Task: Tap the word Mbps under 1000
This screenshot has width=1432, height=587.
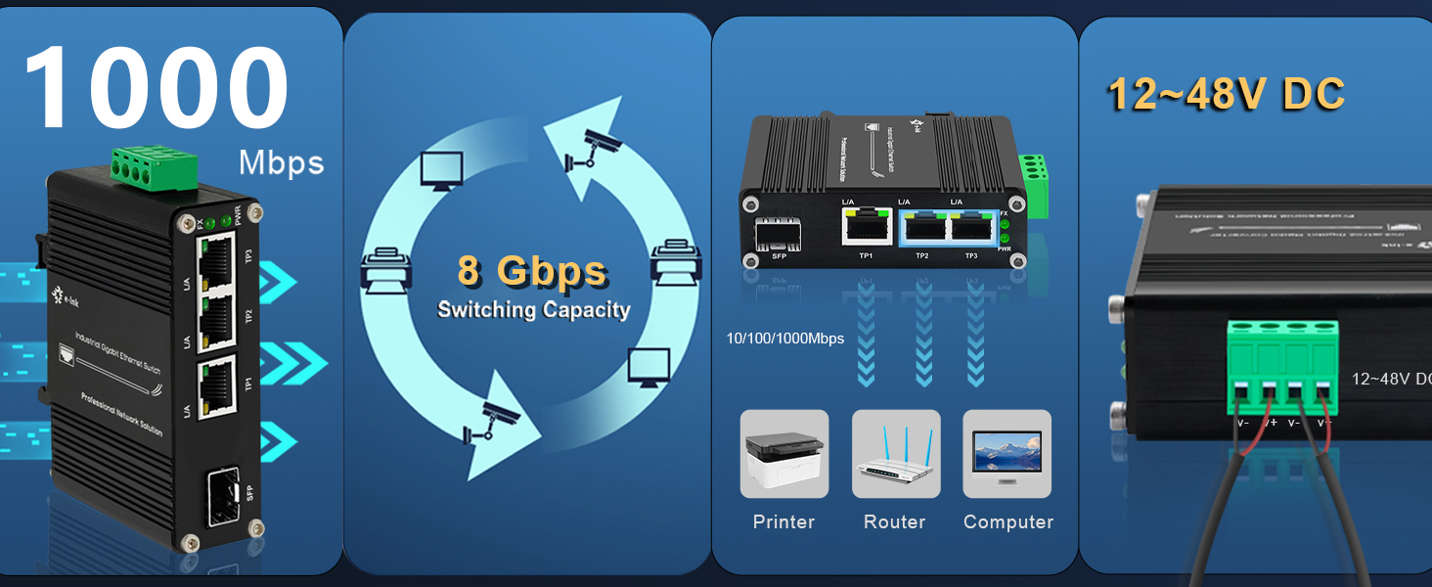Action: (281, 161)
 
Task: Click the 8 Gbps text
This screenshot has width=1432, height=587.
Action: (532, 271)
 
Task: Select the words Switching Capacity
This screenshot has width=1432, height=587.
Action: (533, 310)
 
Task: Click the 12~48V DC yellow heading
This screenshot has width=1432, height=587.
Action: (1226, 95)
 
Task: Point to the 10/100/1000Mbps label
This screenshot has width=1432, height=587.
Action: (784, 339)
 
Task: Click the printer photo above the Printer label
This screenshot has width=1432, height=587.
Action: (784, 454)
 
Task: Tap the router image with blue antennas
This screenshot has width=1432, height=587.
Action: (895, 454)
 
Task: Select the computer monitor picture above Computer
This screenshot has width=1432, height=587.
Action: (1007, 454)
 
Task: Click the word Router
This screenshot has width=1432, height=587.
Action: (894, 522)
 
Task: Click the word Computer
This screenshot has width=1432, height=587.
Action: (1007, 522)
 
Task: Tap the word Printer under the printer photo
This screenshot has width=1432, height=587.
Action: (783, 522)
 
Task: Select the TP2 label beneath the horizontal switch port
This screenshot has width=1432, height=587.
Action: (921, 255)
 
